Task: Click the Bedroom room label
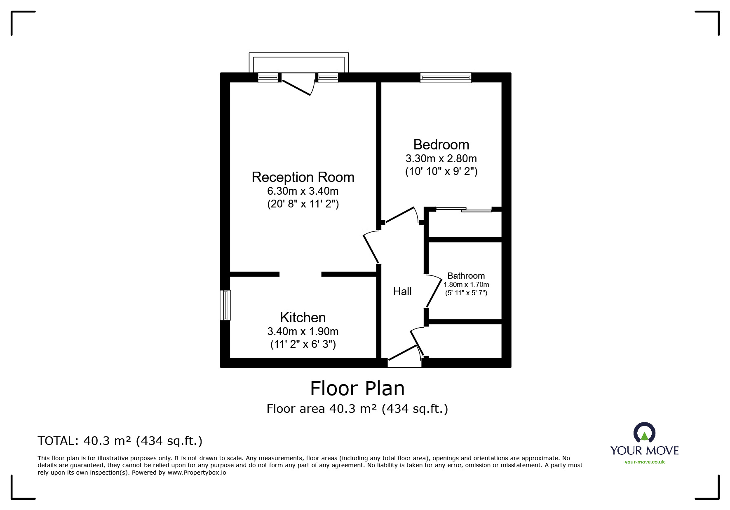point(441,145)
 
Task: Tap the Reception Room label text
point(303,177)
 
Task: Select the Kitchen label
point(303,317)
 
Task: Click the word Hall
point(402,291)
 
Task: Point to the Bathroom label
point(466,276)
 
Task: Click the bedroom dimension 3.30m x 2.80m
point(441,158)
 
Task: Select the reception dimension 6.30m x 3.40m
point(303,191)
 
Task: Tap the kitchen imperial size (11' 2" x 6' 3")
point(303,344)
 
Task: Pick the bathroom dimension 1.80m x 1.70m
point(466,284)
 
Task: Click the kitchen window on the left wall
point(225,305)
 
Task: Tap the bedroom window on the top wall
point(446,78)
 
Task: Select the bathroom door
point(433,291)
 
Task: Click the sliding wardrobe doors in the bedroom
point(464,210)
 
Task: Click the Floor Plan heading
point(357,388)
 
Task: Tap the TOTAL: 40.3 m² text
point(120,441)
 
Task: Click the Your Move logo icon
point(644,433)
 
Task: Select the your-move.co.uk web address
point(644,462)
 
